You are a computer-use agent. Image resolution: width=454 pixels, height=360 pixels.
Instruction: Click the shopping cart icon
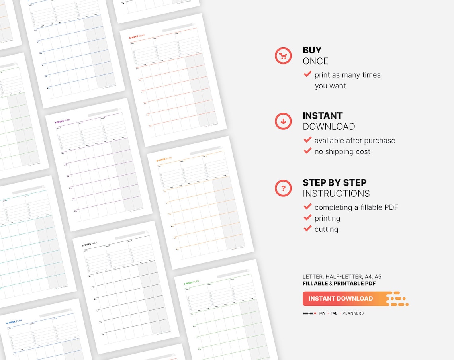(283, 56)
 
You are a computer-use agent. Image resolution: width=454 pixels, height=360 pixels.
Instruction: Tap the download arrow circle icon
(283, 121)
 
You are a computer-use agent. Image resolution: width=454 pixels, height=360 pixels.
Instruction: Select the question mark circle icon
(283, 188)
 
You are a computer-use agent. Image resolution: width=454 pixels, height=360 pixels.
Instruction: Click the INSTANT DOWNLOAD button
(340, 299)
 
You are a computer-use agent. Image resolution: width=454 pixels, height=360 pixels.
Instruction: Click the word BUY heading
(312, 50)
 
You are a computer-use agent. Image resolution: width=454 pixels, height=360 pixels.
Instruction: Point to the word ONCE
(315, 61)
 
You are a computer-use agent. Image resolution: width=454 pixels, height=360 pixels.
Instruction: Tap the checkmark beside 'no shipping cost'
(307, 151)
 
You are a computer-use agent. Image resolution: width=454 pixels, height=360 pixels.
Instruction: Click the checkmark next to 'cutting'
(307, 229)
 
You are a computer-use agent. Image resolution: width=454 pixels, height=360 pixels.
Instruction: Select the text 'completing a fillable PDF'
(356, 207)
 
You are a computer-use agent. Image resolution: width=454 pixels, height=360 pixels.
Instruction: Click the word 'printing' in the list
(327, 218)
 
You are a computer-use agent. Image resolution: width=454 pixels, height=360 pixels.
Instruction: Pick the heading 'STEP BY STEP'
(335, 183)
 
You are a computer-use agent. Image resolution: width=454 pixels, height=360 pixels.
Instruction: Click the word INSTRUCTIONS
(336, 194)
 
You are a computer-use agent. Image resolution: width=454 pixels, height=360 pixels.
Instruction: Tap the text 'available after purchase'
(354, 141)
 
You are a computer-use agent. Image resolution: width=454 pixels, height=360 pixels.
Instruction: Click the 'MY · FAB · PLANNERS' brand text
(341, 313)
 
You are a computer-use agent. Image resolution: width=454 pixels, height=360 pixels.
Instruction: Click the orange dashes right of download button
(398, 299)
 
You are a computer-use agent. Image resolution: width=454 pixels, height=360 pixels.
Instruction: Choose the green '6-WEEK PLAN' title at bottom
(191, 283)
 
